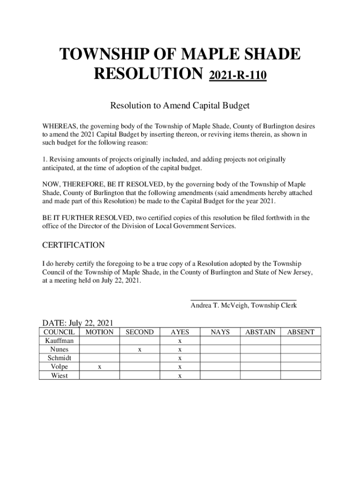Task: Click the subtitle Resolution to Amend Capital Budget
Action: click(180, 106)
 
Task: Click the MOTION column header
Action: click(100, 332)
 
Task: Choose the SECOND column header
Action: click(139, 332)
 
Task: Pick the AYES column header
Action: click(180, 332)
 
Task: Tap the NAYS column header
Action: click(220, 332)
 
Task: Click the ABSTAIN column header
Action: click(260, 332)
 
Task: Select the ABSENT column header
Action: click(300, 332)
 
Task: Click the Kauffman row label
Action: click(59, 341)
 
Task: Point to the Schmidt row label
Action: click(59, 358)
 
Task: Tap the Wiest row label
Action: click(59, 376)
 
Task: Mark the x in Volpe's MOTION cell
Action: click(100, 367)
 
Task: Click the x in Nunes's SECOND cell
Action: click(139, 350)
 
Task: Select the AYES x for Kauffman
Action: click(180, 341)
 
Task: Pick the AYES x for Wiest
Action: click(180, 376)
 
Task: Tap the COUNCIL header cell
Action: click(59, 332)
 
